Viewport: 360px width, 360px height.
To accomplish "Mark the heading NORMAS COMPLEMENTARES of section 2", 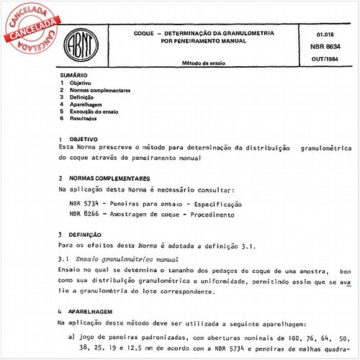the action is coord(110,177).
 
